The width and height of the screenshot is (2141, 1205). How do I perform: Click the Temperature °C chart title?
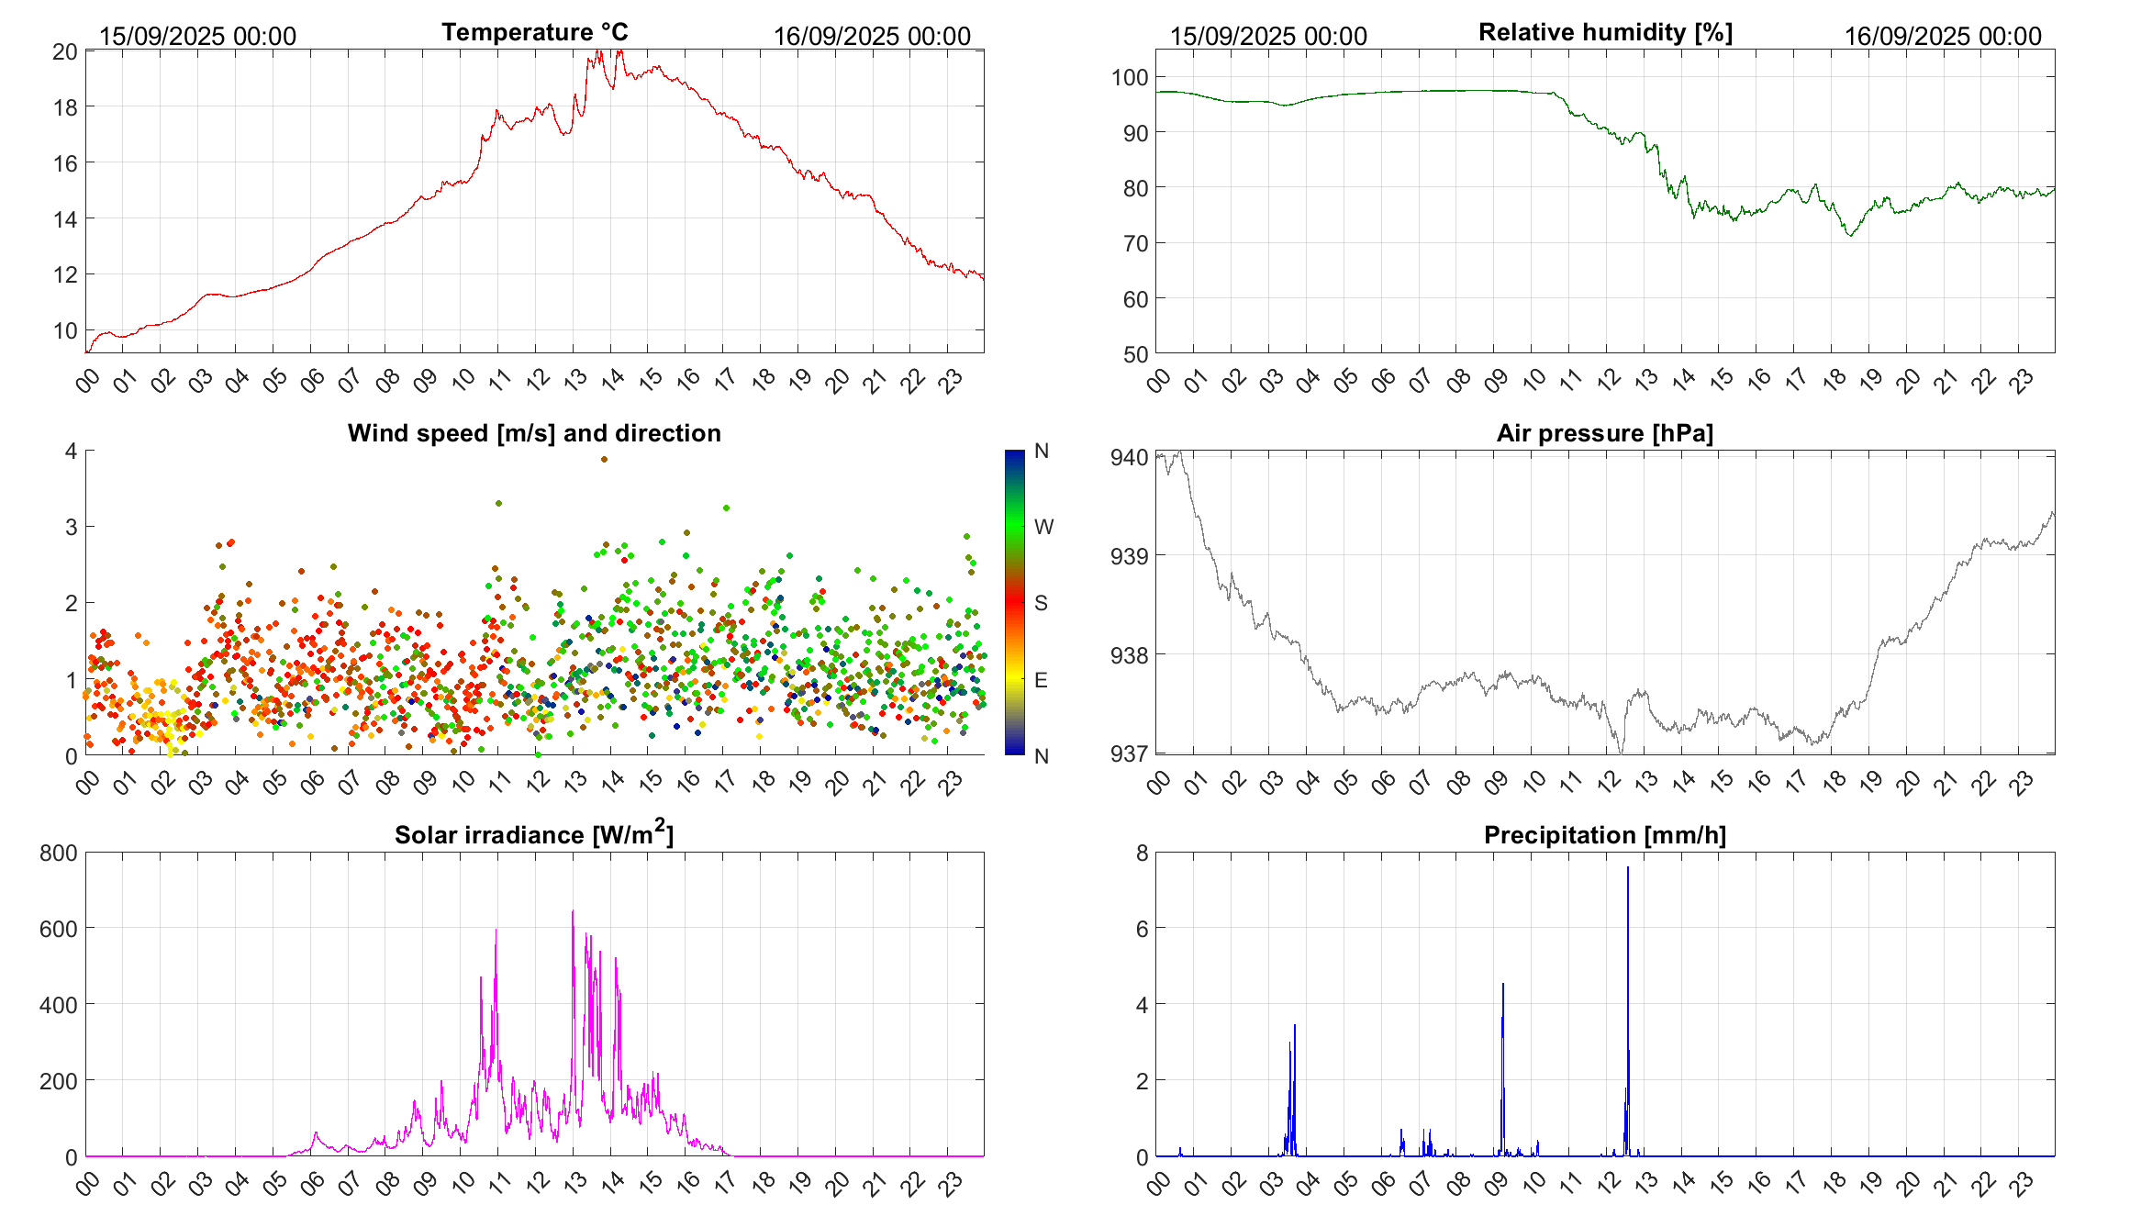click(534, 33)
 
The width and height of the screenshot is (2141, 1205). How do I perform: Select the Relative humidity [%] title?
click(1605, 33)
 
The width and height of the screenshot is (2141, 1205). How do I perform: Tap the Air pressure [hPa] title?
click(1604, 433)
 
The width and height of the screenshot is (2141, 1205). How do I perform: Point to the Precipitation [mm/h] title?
click(1604, 835)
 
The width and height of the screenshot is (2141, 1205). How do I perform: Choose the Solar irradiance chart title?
click(533, 835)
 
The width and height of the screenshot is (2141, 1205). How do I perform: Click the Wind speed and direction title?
click(534, 433)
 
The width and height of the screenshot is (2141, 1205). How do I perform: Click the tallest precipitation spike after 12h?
click(1628, 868)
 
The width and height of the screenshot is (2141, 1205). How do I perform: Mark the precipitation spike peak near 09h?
click(1502, 985)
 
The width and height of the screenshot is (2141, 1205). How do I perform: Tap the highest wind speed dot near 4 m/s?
click(604, 459)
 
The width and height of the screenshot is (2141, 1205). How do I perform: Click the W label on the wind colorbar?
click(1043, 527)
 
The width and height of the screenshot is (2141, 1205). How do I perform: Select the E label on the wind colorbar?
click(1041, 680)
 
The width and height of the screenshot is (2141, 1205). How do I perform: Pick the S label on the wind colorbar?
click(1041, 603)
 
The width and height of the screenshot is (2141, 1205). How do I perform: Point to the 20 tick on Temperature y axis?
click(65, 51)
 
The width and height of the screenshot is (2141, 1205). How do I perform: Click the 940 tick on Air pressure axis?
click(1129, 457)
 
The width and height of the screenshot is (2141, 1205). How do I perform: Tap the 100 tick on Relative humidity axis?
click(1129, 78)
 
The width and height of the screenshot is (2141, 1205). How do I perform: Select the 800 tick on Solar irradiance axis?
click(59, 854)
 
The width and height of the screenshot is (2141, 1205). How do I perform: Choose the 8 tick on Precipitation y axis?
click(1142, 854)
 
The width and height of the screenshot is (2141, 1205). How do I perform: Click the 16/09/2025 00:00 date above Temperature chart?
click(872, 37)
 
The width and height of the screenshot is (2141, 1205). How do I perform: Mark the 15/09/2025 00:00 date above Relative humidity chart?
click(1268, 37)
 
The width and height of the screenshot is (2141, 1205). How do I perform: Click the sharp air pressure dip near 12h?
click(1621, 752)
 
